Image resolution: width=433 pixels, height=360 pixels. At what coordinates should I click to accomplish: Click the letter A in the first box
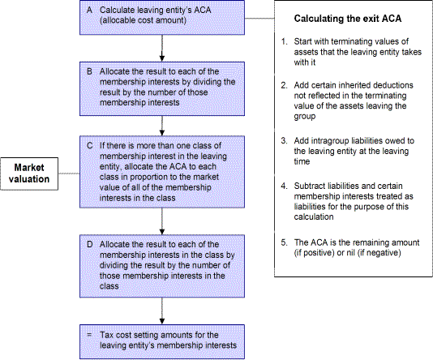(x=89, y=10)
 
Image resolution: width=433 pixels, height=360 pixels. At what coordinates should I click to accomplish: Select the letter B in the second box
(x=89, y=71)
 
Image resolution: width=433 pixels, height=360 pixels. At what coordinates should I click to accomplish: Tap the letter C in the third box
(x=90, y=145)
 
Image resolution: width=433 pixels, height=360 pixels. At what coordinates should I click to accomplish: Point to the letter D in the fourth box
(x=90, y=244)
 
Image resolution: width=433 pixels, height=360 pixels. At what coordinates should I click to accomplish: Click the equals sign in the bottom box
(x=89, y=335)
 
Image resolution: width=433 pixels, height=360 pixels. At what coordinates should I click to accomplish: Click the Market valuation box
(x=29, y=174)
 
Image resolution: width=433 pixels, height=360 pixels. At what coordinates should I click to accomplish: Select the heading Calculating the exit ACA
(x=348, y=19)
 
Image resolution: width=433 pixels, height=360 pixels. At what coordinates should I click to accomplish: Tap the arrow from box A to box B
(x=162, y=48)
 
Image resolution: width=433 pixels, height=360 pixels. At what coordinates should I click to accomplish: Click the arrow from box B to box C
(x=162, y=126)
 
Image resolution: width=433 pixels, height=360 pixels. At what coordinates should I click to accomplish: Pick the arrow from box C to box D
(x=162, y=221)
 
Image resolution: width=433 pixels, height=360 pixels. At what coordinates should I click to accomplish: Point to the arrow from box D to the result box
(x=162, y=311)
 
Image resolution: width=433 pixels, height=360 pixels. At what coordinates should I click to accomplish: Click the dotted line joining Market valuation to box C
(x=69, y=174)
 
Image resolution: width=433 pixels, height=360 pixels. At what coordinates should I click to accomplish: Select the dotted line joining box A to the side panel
(x=259, y=19)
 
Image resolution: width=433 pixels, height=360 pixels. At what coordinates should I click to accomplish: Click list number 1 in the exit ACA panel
(x=284, y=41)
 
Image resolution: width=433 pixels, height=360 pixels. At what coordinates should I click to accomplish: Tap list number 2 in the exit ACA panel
(x=284, y=85)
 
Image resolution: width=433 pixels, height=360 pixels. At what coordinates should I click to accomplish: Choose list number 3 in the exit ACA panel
(x=284, y=141)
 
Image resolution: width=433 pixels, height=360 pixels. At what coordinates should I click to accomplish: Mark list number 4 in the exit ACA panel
(x=284, y=186)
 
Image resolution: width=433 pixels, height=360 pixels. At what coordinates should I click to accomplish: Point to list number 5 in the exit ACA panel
(x=284, y=242)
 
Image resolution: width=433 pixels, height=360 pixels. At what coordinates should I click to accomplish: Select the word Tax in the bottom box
(x=106, y=335)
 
